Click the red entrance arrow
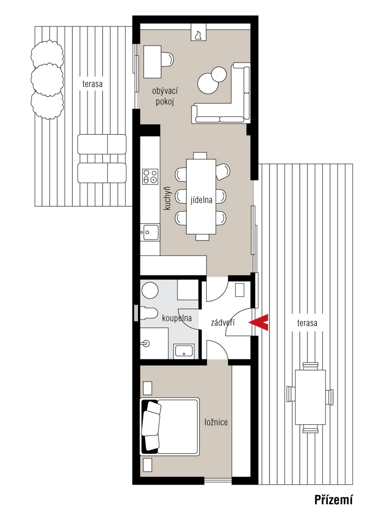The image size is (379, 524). [259, 322]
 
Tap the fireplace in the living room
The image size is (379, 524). [199, 33]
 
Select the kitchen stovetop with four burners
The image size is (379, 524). [150, 177]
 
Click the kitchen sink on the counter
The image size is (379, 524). [149, 232]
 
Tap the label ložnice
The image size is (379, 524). [216, 422]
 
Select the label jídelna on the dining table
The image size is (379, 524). [201, 200]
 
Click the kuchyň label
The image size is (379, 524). [168, 198]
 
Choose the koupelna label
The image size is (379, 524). [177, 318]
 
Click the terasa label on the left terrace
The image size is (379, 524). [93, 84]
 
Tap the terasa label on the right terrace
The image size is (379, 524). [307, 323]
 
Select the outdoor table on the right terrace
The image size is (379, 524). [310, 397]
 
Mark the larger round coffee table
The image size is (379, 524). [208, 83]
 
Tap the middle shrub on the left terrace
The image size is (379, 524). [47, 80]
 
